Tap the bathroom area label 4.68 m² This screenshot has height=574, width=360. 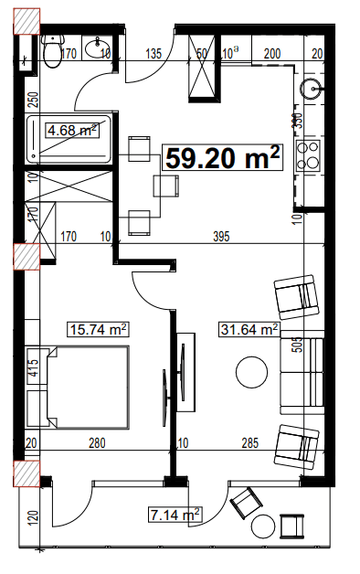tap(71, 131)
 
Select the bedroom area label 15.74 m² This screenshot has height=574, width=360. tap(98, 328)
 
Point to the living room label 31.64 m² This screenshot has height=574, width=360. tap(249, 329)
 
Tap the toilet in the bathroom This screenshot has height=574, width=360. tap(52, 52)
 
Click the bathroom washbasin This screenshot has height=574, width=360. tap(95, 48)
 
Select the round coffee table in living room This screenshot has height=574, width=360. tap(249, 372)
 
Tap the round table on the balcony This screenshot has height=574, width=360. tap(264, 526)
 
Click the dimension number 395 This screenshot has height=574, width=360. tap(220, 238)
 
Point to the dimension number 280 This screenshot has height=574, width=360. tap(98, 444)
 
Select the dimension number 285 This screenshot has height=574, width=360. tap(249, 444)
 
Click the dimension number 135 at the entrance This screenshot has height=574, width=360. tap(154, 54)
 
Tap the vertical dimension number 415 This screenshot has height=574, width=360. tap(32, 369)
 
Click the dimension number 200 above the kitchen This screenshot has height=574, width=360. tap(271, 54)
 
